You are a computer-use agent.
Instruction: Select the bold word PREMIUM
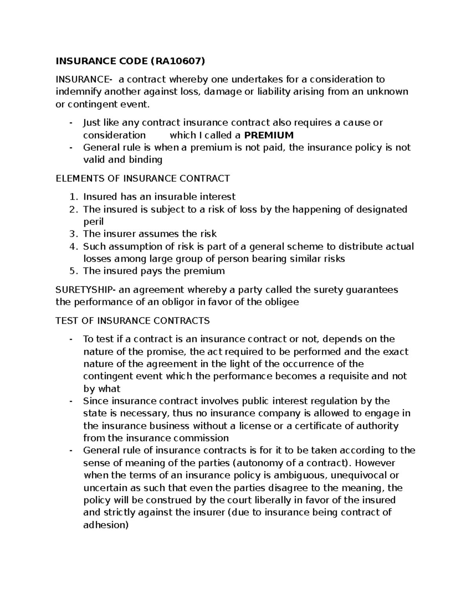(269, 135)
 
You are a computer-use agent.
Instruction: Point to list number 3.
(73, 234)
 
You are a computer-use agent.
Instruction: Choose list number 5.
(73, 271)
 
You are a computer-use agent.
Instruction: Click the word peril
(93, 222)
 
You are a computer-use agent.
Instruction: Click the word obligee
(281, 302)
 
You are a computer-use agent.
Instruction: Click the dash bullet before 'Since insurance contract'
(71, 401)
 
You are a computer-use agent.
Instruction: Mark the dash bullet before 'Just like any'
(71, 123)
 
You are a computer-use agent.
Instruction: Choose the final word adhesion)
(106, 525)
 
